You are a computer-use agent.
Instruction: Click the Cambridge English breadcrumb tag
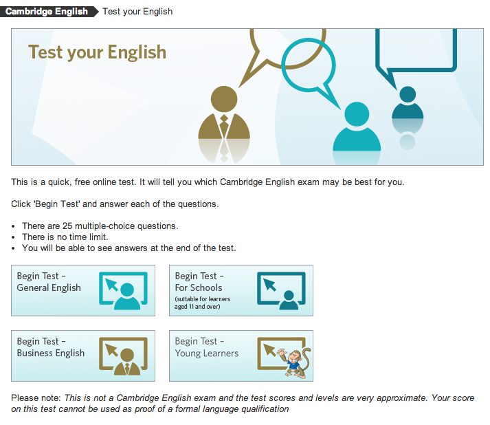click(x=49, y=12)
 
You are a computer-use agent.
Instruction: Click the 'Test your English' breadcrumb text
click(x=137, y=12)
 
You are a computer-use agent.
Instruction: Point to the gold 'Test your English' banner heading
click(x=97, y=52)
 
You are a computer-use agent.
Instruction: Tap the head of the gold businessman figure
click(x=224, y=99)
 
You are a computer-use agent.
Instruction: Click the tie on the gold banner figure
click(x=224, y=125)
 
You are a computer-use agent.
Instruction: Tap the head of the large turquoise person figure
click(x=357, y=114)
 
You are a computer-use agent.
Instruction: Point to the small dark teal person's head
click(x=408, y=94)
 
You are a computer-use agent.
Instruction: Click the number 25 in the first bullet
click(x=67, y=226)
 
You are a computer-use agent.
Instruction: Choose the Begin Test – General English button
click(x=83, y=290)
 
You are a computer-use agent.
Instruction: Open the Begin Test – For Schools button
click(x=241, y=290)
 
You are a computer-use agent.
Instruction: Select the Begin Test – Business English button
click(x=83, y=356)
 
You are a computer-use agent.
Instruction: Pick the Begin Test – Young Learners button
click(x=241, y=356)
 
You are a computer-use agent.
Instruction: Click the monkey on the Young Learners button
click(x=296, y=362)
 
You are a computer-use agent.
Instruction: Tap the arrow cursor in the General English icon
click(x=111, y=285)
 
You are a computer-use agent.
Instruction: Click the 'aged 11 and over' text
click(x=197, y=307)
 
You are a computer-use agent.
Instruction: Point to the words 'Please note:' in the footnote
click(x=36, y=397)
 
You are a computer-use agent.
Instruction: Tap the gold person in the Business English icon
click(x=127, y=362)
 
